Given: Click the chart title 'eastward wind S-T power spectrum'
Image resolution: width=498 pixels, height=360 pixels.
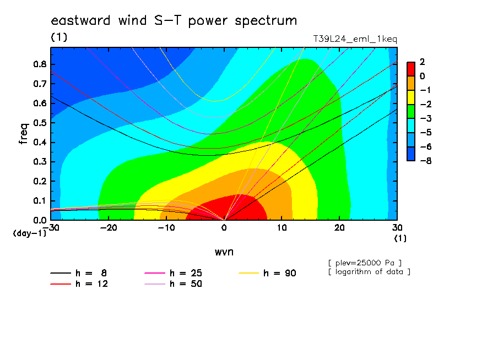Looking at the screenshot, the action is pyautogui.click(x=174, y=21).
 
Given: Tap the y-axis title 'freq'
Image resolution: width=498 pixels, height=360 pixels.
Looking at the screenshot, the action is pyautogui.click(x=23, y=134).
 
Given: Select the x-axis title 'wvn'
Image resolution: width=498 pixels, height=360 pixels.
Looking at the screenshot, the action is pyautogui.click(x=224, y=252).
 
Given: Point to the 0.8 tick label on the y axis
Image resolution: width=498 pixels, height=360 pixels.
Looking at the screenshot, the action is pyautogui.click(x=40, y=64).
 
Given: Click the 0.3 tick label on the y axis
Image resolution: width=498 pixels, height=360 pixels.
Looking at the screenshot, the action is pyautogui.click(x=40, y=162).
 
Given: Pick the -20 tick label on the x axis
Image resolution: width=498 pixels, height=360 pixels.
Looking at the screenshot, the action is pyautogui.click(x=109, y=228).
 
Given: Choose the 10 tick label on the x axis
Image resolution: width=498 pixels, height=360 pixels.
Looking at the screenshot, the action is pyautogui.click(x=282, y=228).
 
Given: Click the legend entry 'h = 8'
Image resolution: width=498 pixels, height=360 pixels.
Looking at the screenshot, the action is pyautogui.click(x=79, y=273).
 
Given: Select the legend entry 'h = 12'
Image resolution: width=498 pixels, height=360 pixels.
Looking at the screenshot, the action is pyautogui.click(x=79, y=283).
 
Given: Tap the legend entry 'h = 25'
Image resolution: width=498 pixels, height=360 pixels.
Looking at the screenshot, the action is pyautogui.click(x=174, y=273).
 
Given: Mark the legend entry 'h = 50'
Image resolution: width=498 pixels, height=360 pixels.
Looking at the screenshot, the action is pyautogui.click(x=174, y=283).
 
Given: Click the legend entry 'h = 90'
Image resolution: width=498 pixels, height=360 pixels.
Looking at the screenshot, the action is pyautogui.click(x=267, y=273).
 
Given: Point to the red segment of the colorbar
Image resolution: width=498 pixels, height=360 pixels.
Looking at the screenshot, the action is pyautogui.click(x=411, y=69).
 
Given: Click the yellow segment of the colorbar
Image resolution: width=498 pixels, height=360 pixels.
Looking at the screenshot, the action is pyautogui.click(x=411, y=97).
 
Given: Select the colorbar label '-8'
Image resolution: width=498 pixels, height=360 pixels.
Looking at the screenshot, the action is pyautogui.click(x=426, y=161).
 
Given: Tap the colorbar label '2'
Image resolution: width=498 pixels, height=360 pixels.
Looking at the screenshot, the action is pyautogui.click(x=422, y=62).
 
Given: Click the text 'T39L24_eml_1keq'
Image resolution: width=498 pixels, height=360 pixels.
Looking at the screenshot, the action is pyautogui.click(x=355, y=39).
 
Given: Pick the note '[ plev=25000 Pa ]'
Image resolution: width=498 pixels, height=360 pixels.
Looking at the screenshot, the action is pyautogui.click(x=365, y=263).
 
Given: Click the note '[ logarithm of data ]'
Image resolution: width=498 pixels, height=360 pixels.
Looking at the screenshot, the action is pyautogui.click(x=370, y=272).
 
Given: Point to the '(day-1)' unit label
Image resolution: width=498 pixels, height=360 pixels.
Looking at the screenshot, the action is pyautogui.click(x=30, y=233).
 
